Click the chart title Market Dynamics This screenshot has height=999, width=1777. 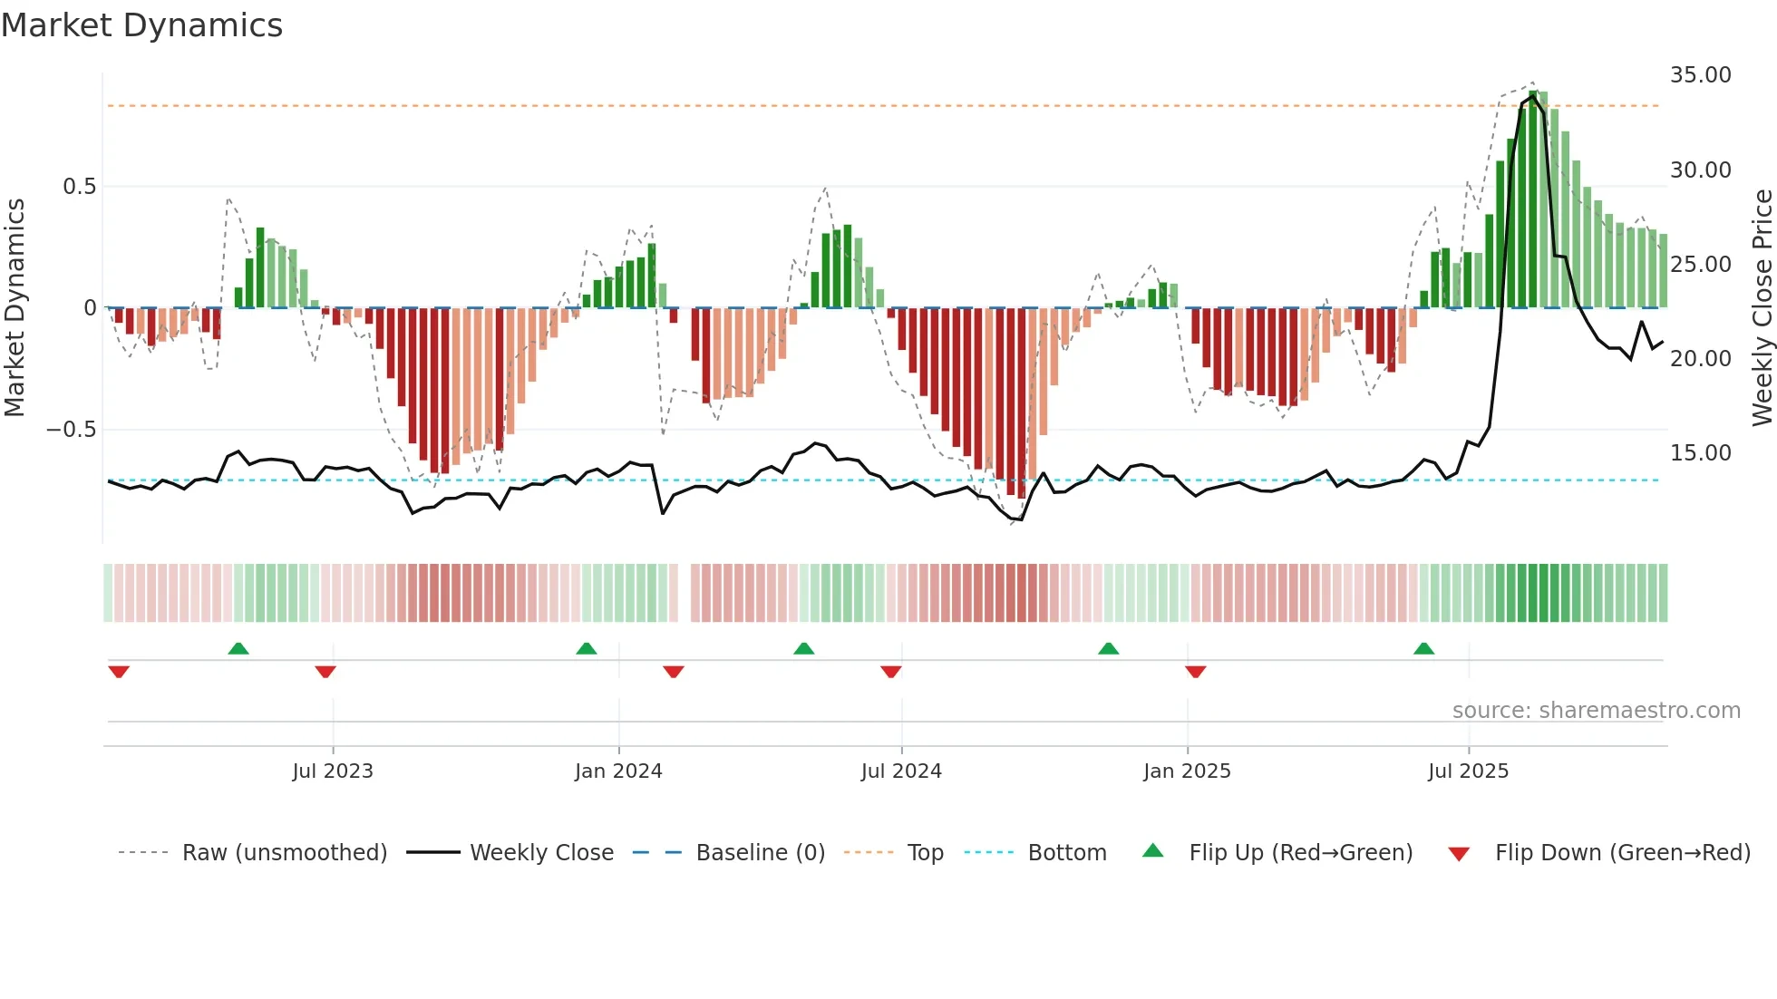(x=141, y=25)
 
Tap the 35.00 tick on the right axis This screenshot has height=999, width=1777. (x=1700, y=75)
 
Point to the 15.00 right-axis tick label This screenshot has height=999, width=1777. (x=1700, y=453)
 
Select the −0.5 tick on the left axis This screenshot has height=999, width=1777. (x=71, y=430)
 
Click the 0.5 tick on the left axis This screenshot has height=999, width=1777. (x=79, y=187)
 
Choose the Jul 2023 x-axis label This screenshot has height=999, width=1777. (x=333, y=771)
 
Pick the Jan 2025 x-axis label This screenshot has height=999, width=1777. (x=1187, y=771)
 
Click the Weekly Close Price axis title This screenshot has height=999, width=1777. (x=1762, y=307)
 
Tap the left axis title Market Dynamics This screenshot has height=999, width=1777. (x=15, y=307)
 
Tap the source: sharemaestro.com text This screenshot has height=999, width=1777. (x=1596, y=711)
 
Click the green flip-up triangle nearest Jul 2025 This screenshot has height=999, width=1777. (x=1423, y=649)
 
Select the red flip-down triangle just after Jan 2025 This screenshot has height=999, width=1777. (x=1195, y=672)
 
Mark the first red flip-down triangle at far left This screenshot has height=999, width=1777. (x=119, y=672)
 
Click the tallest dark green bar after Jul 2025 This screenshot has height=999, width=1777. (x=1533, y=199)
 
